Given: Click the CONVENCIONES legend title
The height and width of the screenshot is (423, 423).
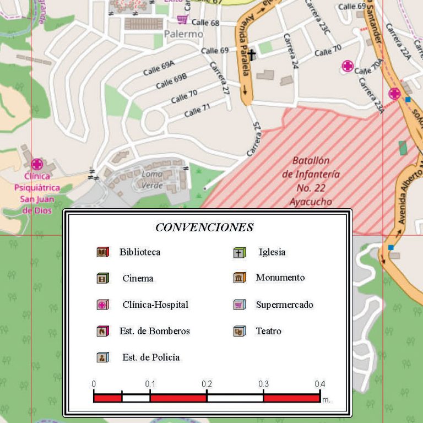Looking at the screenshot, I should coord(204,227).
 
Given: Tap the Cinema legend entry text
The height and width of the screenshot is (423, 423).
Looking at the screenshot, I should coord(138,278).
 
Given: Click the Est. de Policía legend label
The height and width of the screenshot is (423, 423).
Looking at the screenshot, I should coord(151,357).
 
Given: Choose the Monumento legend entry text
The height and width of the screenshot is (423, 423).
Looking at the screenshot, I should coord(280,278).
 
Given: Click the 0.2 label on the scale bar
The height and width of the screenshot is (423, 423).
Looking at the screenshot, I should coord(207,384).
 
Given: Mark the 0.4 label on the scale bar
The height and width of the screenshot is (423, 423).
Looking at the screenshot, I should coord(319,384).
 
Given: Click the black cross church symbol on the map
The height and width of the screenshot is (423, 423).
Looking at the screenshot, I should coord(252,55).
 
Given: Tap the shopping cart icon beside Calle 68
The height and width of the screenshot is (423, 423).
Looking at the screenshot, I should coord(182,19).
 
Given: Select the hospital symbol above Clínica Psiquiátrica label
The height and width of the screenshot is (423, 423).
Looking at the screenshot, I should coord(37,164).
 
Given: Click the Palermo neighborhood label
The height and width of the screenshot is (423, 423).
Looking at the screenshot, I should coord(183,34).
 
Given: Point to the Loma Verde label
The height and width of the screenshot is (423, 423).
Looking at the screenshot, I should coord(153,180).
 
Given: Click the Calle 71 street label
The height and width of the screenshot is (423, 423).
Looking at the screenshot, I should coord(197,111).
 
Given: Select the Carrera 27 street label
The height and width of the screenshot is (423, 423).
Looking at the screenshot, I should coord(219,78).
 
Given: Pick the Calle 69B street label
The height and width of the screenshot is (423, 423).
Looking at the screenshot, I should coord(171,82).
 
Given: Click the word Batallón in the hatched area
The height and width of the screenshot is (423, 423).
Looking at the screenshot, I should coord(311,161).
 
